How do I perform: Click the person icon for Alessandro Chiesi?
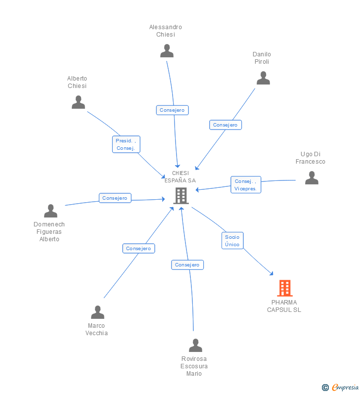click(167, 51)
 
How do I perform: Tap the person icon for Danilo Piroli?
click(263, 78)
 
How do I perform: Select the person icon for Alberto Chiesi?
click(78, 102)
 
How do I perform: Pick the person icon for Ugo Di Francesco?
click(312, 178)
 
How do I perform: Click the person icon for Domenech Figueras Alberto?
click(50, 211)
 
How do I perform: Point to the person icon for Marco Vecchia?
click(97, 312)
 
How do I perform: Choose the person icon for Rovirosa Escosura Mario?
click(195, 346)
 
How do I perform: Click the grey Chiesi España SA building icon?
click(181, 196)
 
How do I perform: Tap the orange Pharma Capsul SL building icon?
click(284, 288)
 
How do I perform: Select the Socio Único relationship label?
click(232, 241)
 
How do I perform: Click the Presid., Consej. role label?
click(126, 144)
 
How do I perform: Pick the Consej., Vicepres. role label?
click(246, 185)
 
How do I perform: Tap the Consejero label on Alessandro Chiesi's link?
click(172, 110)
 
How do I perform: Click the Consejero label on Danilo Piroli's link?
click(225, 125)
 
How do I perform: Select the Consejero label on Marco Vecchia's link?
click(138, 249)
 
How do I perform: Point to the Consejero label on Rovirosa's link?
click(187, 265)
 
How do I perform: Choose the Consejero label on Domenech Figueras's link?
click(115, 198)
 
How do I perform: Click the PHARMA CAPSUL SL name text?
click(284, 306)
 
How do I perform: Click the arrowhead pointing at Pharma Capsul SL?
click(271, 273)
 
